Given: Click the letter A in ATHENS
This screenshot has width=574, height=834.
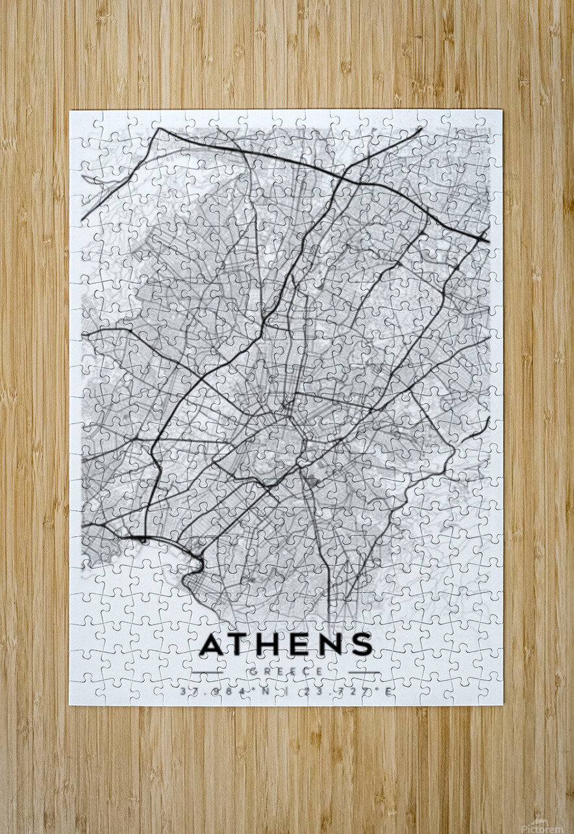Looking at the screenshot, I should click(x=212, y=644).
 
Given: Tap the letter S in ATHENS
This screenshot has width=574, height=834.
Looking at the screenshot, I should click(x=362, y=644).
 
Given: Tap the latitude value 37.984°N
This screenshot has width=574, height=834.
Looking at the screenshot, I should click(x=225, y=692).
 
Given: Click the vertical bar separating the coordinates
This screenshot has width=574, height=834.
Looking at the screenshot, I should click(x=286, y=692).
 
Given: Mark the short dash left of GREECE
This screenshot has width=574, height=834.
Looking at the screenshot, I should click(x=207, y=672).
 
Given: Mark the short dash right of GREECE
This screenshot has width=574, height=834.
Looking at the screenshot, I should click(x=364, y=672).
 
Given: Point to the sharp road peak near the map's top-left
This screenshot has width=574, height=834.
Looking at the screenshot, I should click(x=158, y=128).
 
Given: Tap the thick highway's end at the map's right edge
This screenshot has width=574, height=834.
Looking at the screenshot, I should click(x=488, y=241).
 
